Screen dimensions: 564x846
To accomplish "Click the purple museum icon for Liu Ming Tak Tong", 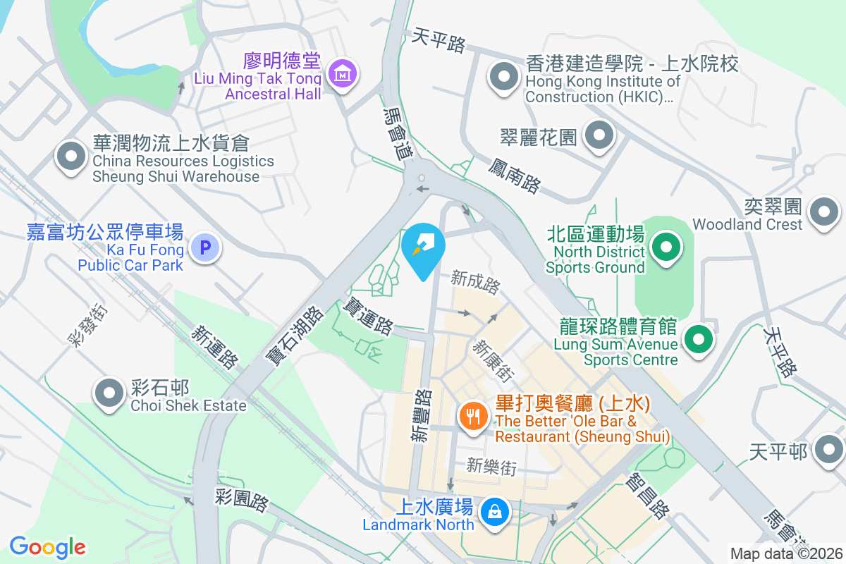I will tap(343, 73).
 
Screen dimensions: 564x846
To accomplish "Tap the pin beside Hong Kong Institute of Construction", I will tap(503, 76).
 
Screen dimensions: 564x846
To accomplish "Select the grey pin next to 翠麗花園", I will tap(599, 135).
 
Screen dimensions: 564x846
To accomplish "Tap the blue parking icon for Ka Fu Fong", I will tap(205, 248).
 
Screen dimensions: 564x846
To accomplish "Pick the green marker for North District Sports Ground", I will tap(665, 247).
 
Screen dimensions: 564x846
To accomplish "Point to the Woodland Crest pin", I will tap(823, 211).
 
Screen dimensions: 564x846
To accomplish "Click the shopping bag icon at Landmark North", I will tap(495, 511).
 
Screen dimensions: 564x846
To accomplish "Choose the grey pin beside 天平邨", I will tap(829, 448).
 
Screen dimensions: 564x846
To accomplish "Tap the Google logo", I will tap(47, 546).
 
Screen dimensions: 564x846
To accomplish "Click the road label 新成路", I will tap(476, 283).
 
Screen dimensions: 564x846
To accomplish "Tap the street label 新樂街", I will tap(491, 466).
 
